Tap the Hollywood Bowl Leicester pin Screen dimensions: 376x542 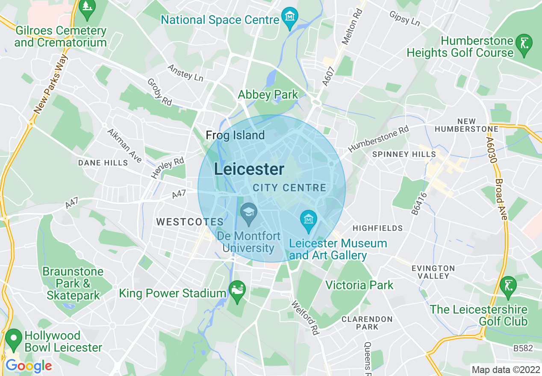point(14,339)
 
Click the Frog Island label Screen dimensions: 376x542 point(235,135)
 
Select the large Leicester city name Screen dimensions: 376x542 point(249,169)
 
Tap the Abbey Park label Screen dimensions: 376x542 point(268,94)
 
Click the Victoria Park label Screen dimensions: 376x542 point(359,285)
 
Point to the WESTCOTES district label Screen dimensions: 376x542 point(190,222)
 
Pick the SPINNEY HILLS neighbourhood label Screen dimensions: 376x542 point(404,154)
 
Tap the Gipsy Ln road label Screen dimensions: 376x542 point(405,18)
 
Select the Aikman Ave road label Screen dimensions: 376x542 point(124,146)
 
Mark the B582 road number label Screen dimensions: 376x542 point(523,348)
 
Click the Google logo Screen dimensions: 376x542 point(28,366)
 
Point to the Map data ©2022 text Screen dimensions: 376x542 point(505,370)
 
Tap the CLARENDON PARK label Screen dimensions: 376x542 point(367,323)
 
